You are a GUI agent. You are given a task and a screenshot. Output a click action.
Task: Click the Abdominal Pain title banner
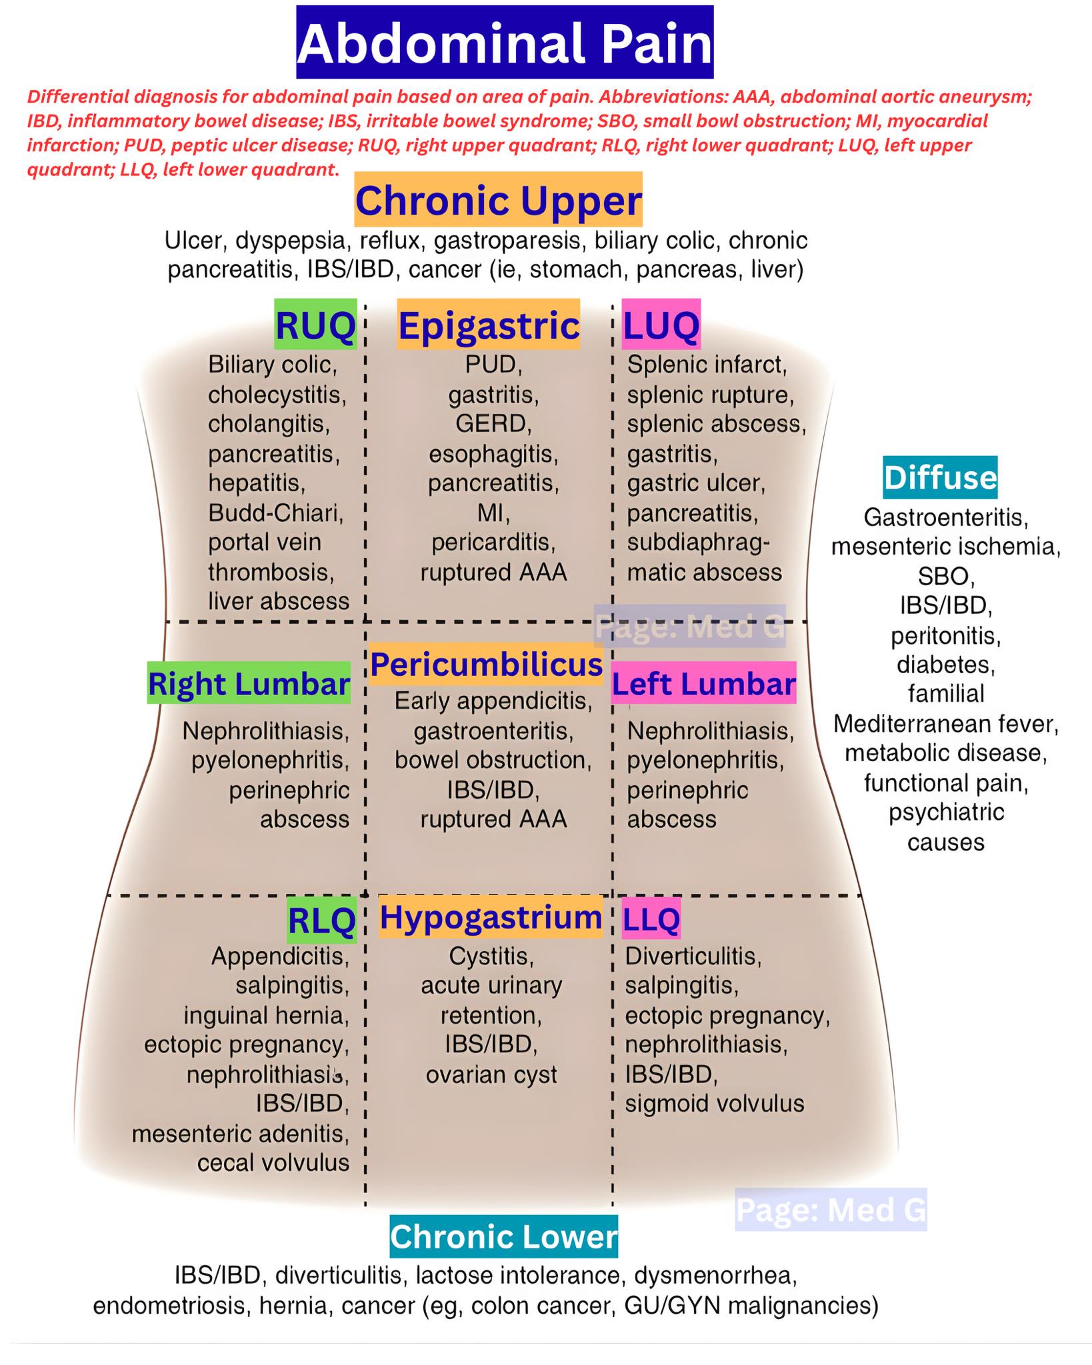pos(505,43)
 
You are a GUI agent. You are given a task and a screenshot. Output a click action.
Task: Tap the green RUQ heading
pos(315,325)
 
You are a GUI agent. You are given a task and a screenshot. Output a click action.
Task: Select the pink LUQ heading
pos(661,325)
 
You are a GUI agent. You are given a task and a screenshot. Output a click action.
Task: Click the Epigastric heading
pos(489,325)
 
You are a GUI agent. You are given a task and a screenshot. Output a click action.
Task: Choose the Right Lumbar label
pos(249,683)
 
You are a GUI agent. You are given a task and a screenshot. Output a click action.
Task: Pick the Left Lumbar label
pos(703,683)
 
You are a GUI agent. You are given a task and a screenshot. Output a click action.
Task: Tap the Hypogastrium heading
pos(491,917)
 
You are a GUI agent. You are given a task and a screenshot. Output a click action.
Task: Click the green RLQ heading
pos(321,920)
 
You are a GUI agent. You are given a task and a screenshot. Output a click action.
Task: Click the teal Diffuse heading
pos(940,477)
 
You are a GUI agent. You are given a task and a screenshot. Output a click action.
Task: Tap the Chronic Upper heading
pos(498,200)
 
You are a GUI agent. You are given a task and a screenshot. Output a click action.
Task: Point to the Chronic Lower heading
pos(503,1236)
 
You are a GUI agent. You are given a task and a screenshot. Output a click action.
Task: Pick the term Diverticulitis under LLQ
pos(693,956)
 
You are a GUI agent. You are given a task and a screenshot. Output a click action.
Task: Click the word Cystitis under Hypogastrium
pos(491,957)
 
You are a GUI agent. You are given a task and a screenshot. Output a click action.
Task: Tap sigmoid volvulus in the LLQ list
pos(715,1104)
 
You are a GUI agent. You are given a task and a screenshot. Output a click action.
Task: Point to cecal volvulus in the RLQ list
pos(273,1163)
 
